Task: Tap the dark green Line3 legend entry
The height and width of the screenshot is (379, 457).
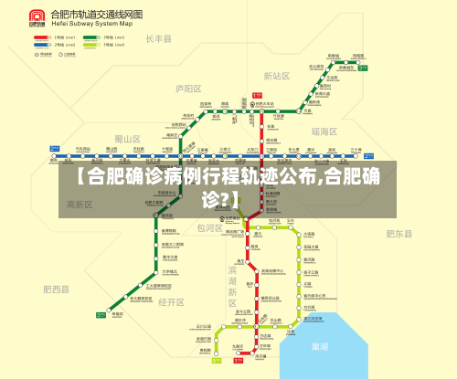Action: coord(91,37)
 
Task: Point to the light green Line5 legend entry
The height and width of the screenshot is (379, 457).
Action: coord(91,45)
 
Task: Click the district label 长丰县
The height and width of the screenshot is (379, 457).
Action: coord(159,39)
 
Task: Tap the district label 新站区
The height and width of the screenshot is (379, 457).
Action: coord(276,77)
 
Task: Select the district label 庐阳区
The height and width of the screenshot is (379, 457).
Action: coord(188,89)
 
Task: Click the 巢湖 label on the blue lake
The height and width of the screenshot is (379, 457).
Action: coord(320,347)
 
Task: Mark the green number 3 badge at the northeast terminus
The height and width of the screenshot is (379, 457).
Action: coord(362,68)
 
